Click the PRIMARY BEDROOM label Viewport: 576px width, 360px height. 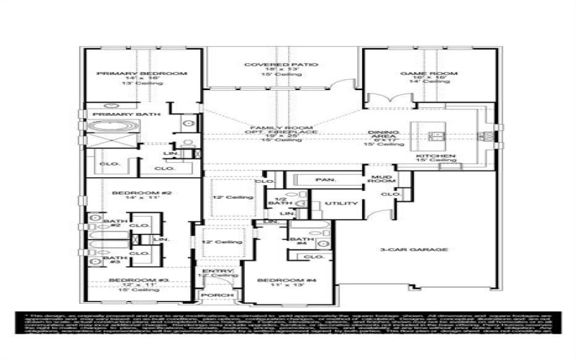coord(142,73)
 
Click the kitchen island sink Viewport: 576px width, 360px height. coord(435,135)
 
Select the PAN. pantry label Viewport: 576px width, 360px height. coord(320,179)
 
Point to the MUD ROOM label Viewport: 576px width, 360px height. coord(379,179)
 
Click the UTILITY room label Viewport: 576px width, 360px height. coord(341,204)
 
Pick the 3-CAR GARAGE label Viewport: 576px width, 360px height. coord(424,250)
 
